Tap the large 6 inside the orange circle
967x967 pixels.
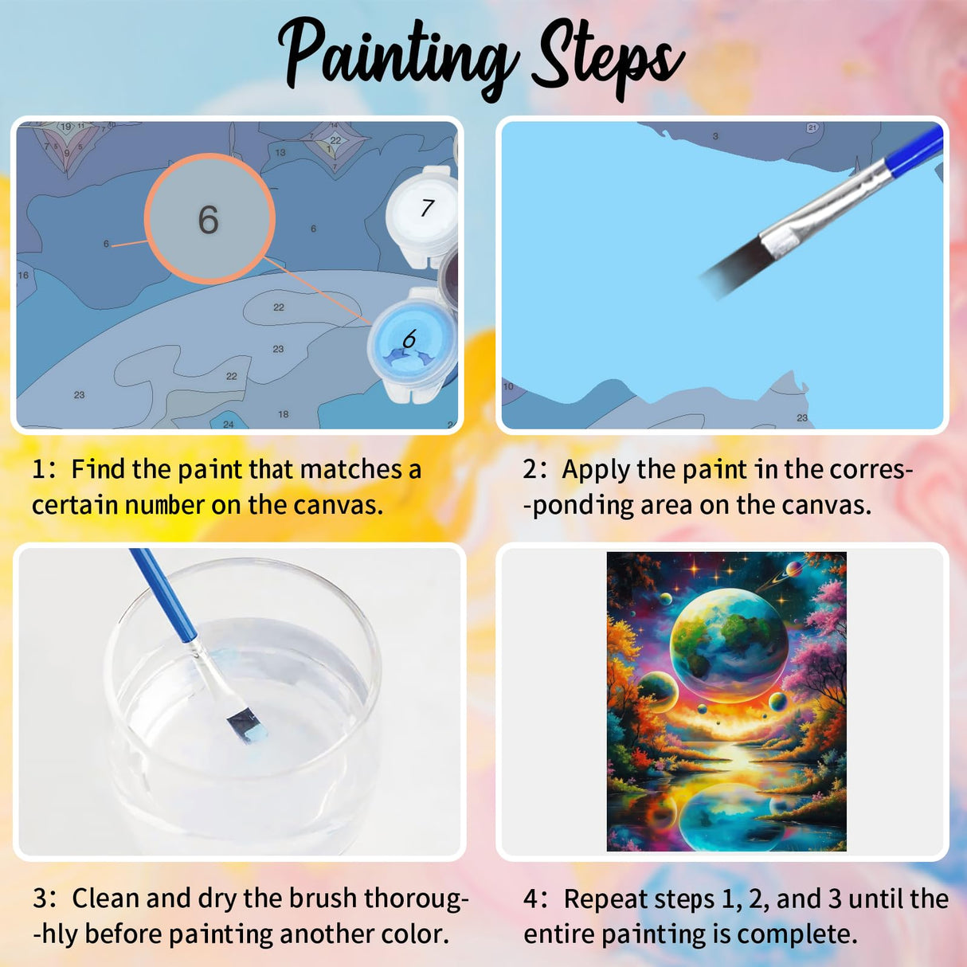pos(209,220)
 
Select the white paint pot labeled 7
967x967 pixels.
pos(423,210)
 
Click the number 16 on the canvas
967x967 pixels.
pos(23,276)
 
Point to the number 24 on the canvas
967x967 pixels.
pos(229,424)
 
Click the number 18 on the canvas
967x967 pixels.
pos(284,414)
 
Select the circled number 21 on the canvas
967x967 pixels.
pos(812,127)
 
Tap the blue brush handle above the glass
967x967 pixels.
pos(163,593)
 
